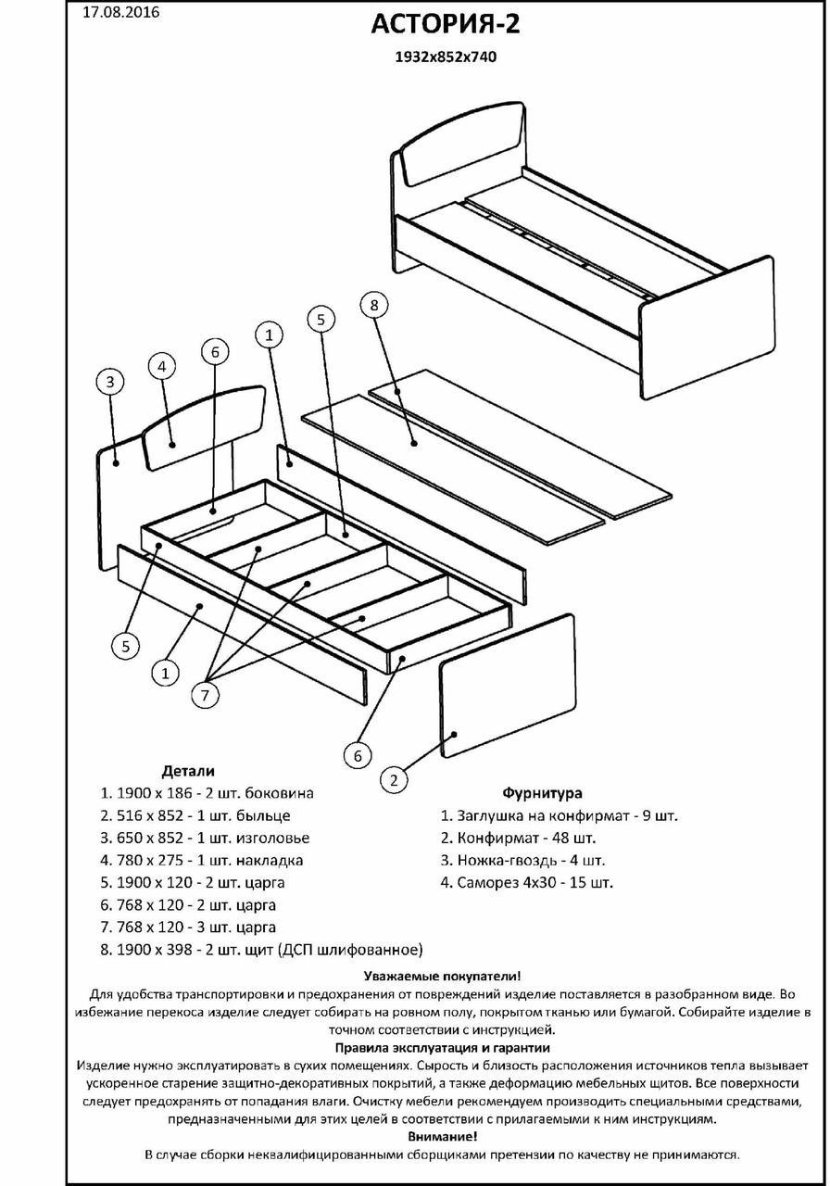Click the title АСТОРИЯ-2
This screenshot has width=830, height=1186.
coord(445,24)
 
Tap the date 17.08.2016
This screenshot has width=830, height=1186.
coord(120,13)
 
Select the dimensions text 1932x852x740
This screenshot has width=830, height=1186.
coord(446,57)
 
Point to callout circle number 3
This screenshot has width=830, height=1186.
coord(110,382)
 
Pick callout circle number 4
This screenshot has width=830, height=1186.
coord(162,366)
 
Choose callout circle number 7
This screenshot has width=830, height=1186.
coord(206,693)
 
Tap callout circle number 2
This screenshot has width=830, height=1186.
coord(394,780)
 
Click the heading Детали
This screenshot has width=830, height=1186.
coord(188,771)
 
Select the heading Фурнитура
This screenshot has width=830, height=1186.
coord(542,793)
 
